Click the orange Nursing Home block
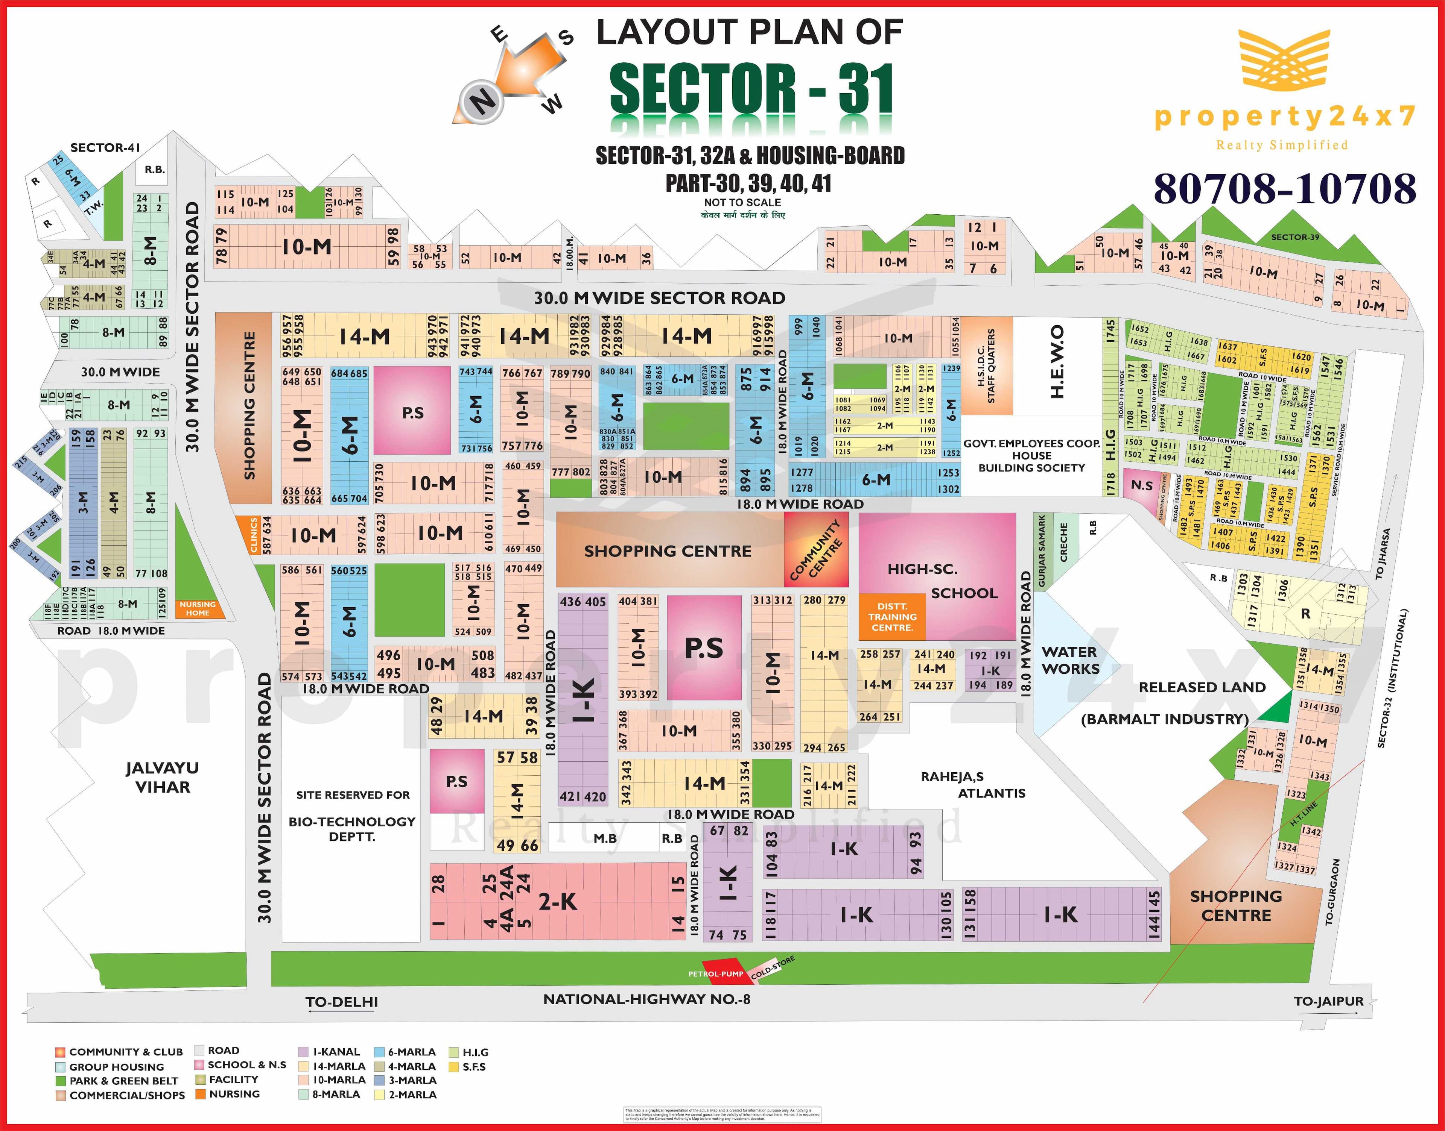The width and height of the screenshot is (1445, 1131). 198,608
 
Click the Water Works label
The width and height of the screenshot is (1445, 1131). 1070,660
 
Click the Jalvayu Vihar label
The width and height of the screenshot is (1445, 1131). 162,778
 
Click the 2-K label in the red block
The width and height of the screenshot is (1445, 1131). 557,902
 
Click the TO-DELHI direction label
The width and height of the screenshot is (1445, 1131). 342,1002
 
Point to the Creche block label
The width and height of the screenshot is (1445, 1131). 1064,542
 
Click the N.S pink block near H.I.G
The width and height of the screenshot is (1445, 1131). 1142,485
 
